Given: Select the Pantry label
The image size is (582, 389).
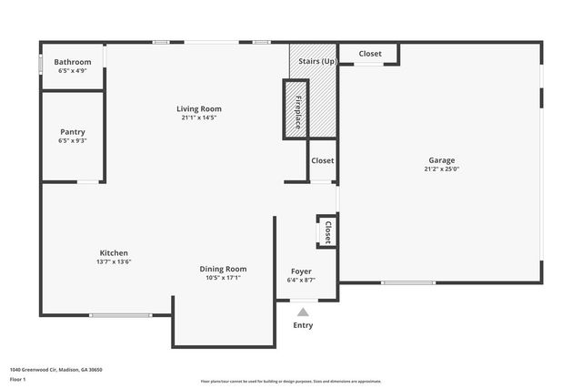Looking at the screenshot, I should pyautogui.click(x=73, y=132).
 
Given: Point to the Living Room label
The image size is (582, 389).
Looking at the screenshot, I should pyautogui.click(x=198, y=108).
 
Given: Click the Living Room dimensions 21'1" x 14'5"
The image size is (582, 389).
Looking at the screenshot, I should pyautogui.click(x=198, y=117).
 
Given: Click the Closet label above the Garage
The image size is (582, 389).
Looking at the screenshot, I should pyautogui.click(x=370, y=54).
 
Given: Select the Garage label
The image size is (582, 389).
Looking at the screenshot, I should pyautogui.click(x=442, y=160).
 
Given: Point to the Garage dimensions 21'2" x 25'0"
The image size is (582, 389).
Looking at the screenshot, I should pyautogui.click(x=442, y=169).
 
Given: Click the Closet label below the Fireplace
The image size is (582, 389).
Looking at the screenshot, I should pyautogui.click(x=323, y=160).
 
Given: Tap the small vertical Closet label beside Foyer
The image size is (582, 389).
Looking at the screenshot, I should pyautogui.click(x=327, y=231).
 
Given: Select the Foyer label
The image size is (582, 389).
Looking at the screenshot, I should pyautogui.click(x=301, y=271).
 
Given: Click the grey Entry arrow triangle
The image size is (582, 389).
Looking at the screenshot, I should pyautogui.click(x=303, y=312).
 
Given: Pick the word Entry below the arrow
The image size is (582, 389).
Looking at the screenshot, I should pyautogui.click(x=303, y=325).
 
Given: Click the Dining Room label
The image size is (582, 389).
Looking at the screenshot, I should pyautogui.click(x=224, y=269).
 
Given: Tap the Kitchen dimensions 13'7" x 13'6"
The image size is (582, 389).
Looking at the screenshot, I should pyautogui.click(x=114, y=261).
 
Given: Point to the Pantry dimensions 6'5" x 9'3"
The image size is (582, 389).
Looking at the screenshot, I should pyautogui.click(x=73, y=140).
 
